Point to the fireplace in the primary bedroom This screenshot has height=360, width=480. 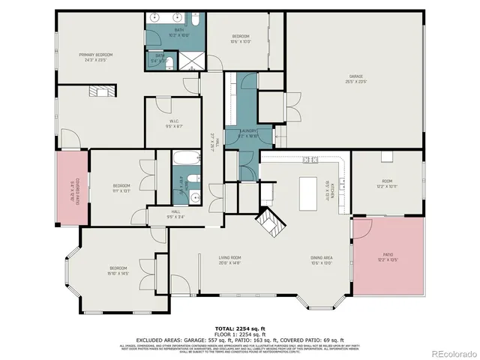click(x=100, y=91)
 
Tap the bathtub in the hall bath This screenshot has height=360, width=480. click(x=184, y=158)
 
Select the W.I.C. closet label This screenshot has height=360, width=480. click(x=173, y=124)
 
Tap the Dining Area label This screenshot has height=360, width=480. click(x=322, y=259)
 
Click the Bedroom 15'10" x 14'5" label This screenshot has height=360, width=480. click(x=119, y=271)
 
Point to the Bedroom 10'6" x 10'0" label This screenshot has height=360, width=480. click(x=240, y=39)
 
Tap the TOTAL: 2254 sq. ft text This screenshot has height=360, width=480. click(x=239, y=328)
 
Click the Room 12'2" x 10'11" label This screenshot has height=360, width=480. click(x=387, y=183)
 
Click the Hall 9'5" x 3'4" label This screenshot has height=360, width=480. click(x=176, y=214)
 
